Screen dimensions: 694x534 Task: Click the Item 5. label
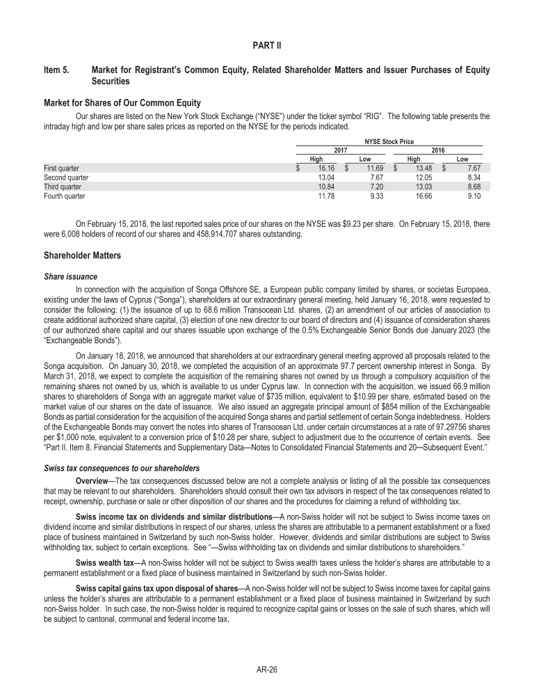[58, 70]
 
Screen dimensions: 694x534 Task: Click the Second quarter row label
[66, 178]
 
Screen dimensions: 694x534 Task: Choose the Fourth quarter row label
[65, 197]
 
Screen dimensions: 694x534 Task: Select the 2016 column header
[437, 150]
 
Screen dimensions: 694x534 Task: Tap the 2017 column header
[340, 150]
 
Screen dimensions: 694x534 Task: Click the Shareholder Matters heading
[82, 256]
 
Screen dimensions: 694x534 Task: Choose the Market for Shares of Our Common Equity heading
[122, 103]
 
